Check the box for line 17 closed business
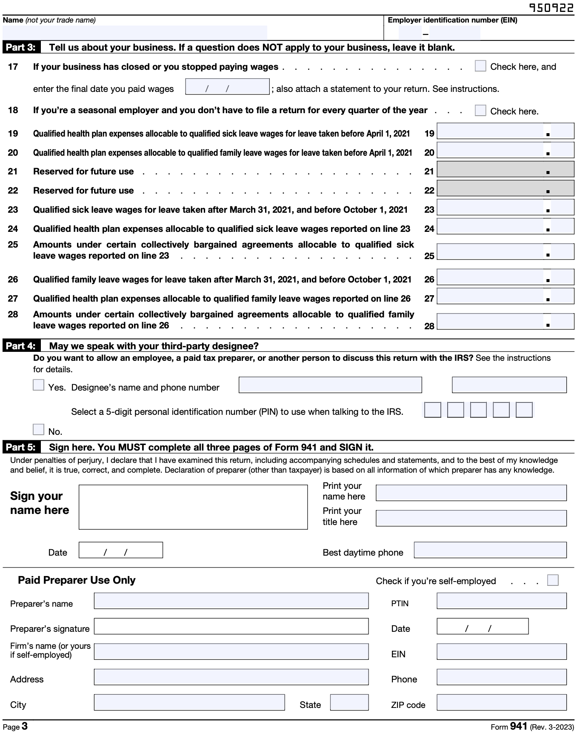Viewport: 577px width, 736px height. click(x=480, y=66)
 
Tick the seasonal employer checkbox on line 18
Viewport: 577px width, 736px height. click(x=480, y=111)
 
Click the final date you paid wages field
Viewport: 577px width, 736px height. click(x=227, y=87)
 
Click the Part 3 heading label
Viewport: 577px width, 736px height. click(x=21, y=47)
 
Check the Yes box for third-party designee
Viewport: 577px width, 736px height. click(x=38, y=385)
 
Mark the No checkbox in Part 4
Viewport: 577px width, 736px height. click(x=38, y=429)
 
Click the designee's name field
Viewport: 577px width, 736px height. click(x=330, y=385)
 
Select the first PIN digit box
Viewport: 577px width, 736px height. click(x=432, y=410)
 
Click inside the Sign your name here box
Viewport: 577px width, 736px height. click(x=193, y=507)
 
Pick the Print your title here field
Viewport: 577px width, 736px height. click(x=471, y=518)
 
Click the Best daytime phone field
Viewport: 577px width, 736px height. click(x=490, y=550)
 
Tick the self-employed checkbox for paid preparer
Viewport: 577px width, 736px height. click(x=552, y=580)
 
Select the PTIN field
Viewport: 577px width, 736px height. click(x=501, y=601)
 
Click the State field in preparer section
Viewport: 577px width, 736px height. click(x=349, y=702)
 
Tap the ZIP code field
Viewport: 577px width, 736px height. click(x=501, y=702)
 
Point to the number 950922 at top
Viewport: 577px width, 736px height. click(x=551, y=8)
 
